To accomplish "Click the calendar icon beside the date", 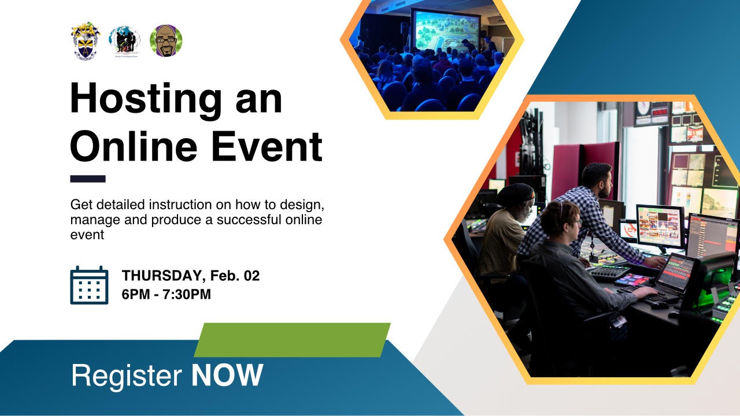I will [x=89, y=285].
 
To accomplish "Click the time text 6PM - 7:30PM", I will [x=166, y=295].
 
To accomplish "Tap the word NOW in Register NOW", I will [x=227, y=376].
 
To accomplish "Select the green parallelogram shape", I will [x=292, y=340].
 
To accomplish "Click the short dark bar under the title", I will [x=88, y=179].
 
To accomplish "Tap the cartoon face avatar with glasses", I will [x=166, y=40].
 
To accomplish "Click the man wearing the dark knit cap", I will [x=512, y=231].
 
